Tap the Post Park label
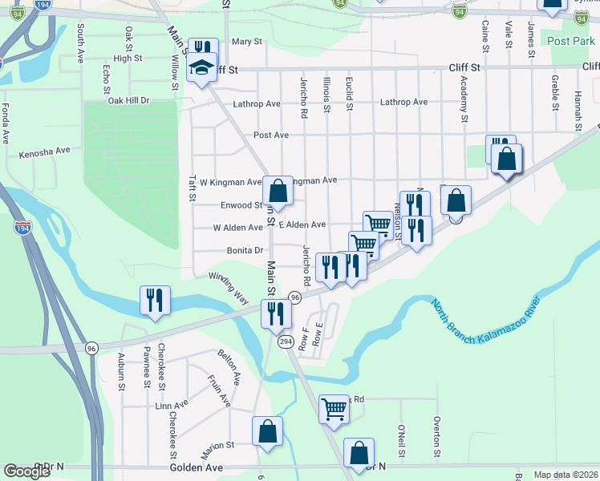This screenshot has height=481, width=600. coord(570,40)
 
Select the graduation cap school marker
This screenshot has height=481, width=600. coord(202,69)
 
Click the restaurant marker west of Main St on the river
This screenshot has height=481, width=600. coord(154,301)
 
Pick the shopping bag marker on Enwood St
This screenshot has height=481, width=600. coord(278,192)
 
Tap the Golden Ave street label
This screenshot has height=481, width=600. coord(197,467)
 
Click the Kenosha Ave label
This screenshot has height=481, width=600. coord(45,151)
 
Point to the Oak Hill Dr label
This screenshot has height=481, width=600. coord(129,100)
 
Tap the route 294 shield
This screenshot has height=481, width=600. coord(286,342)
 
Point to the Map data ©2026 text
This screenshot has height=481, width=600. coord(566,475)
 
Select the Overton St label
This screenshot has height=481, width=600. coord(438,436)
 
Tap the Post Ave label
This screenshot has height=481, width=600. coord(270,135)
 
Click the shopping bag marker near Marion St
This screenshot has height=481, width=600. coord(267,431)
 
